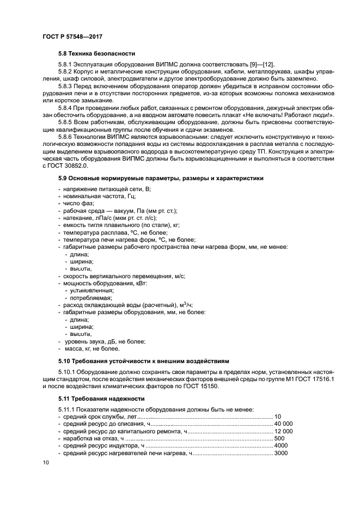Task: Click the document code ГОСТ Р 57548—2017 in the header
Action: coord(72,36)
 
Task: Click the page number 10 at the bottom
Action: coord(46,463)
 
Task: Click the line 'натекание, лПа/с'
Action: coord(109,218)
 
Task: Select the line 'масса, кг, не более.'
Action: coord(92,348)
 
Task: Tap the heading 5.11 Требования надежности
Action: coord(101,398)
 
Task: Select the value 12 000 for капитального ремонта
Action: coord(284,431)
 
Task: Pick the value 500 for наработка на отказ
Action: coord(279,438)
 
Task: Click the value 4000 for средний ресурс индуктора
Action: coord(281,445)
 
